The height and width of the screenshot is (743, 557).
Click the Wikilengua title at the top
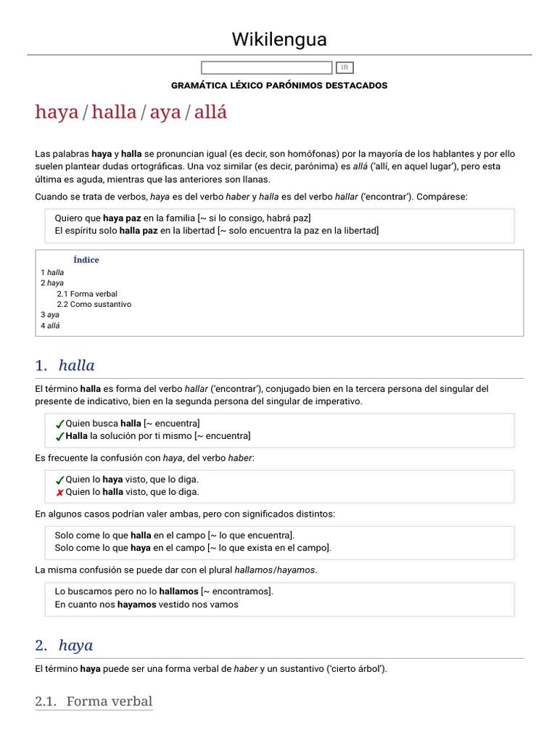click(x=279, y=38)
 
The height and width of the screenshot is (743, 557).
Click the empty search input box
click(x=266, y=67)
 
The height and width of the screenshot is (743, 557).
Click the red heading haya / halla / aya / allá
click(x=131, y=112)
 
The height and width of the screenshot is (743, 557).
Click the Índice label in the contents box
click(x=86, y=260)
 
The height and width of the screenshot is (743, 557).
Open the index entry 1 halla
click(x=52, y=272)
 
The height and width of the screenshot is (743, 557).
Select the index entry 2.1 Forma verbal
click(x=87, y=294)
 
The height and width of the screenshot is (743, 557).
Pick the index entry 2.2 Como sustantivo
click(x=94, y=305)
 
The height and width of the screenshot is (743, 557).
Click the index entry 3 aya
click(x=50, y=315)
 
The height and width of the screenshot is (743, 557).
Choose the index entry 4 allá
click(x=51, y=326)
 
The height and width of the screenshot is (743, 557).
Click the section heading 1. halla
click(x=65, y=365)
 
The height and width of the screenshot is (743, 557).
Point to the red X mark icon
click(x=59, y=493)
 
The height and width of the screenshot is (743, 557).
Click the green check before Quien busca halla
click(x=59, y=424)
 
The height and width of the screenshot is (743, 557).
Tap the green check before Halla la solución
click(x=59, y=436)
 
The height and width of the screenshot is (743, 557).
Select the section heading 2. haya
click(x=64, y=645)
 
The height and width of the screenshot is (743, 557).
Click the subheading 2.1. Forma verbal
click(x=94, y=701)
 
